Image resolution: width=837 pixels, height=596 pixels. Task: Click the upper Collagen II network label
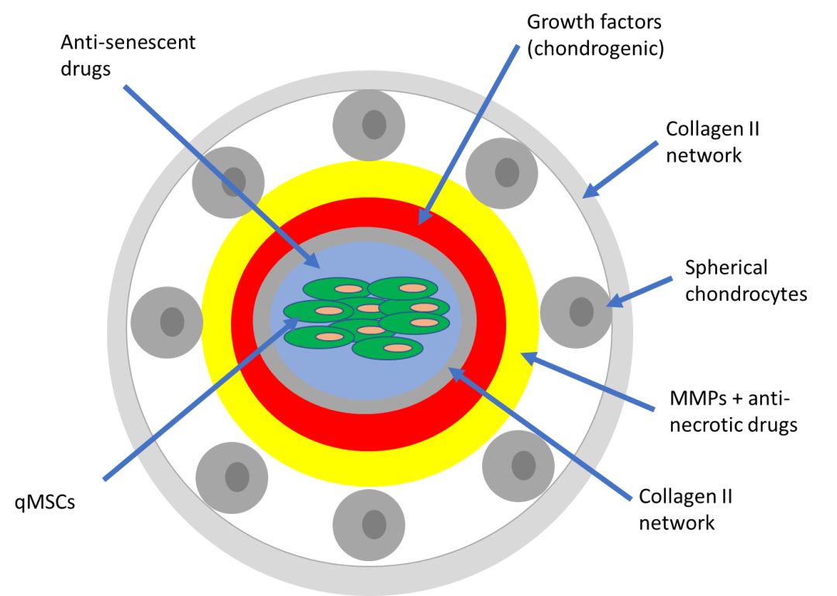pos(712,142)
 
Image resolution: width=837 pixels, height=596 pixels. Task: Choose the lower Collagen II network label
pos(685,509)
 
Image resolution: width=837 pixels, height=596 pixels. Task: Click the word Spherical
pos(726,268)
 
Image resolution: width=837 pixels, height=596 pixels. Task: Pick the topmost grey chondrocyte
pos(374,125)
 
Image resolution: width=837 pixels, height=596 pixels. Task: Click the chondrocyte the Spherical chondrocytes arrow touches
pos(580,312)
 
